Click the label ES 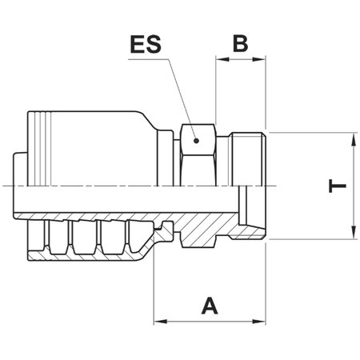146,43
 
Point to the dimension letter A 210,305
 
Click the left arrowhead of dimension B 220,60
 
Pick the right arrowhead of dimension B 261,60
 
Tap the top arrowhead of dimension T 353,138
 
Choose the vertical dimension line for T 353,186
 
